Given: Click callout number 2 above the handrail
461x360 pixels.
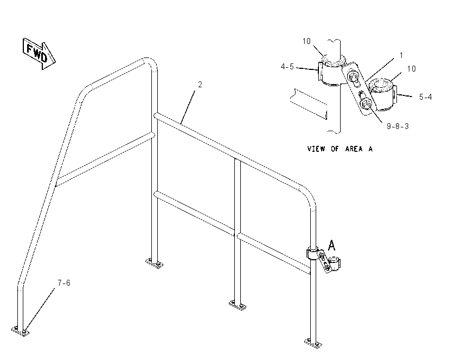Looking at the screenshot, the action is coord(200,85).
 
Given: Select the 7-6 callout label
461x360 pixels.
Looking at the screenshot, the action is coord(64,283).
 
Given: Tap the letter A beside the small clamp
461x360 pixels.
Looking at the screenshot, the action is coord(331,245).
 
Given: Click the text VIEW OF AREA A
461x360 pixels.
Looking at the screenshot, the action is coord(340,149).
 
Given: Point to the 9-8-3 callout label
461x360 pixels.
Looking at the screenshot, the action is coord(398,126).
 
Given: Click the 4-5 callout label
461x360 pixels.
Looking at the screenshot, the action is coord(287,67).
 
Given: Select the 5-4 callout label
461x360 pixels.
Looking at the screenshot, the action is coord(425,97).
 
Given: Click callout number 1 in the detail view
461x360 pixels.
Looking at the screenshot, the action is coord(401,55).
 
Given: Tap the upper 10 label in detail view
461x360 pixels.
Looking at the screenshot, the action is coord(306,41).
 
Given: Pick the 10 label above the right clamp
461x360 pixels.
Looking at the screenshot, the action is coord(411,69).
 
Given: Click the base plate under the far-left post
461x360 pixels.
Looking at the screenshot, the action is coord(21,331).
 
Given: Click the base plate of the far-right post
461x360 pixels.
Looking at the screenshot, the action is coord(313,344).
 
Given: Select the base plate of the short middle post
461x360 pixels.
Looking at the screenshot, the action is coord(238,306).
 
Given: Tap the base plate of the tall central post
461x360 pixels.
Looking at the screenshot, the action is coord(155,263).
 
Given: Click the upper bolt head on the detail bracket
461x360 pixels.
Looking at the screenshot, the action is coord(353,77).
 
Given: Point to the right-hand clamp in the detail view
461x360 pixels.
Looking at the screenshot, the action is coord(382,94).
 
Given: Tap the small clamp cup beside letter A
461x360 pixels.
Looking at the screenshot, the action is coord(335,263).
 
